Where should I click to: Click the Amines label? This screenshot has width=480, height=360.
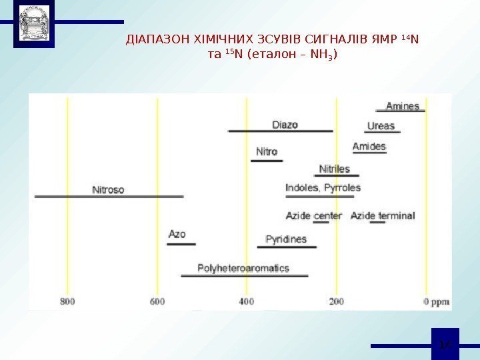point(403,106)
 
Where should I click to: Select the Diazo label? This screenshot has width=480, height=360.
point(285,125)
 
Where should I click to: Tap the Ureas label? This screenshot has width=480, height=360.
point(381,125)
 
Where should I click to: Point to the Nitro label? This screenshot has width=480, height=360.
point(267,152)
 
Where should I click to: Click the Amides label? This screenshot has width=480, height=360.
point(369,147)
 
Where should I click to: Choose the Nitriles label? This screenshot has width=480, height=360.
point(335,169)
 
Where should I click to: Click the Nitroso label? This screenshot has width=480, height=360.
point(108,189)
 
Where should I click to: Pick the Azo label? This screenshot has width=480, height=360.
point(177,235)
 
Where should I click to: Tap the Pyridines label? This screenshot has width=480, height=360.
point(286,239)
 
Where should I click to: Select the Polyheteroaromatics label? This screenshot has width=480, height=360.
point(243,268)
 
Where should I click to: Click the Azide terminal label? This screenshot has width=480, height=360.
point(383,216)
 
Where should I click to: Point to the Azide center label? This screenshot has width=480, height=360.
point(313,216)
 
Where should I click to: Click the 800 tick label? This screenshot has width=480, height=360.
point(67,301)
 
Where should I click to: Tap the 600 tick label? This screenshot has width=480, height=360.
point(157,301)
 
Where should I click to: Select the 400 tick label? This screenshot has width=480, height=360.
point(247,301)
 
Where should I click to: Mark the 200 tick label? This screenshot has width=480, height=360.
point(336,301)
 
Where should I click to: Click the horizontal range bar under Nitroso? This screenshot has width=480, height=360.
point(109,197)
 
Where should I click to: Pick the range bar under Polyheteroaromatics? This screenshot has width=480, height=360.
point(244,275)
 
